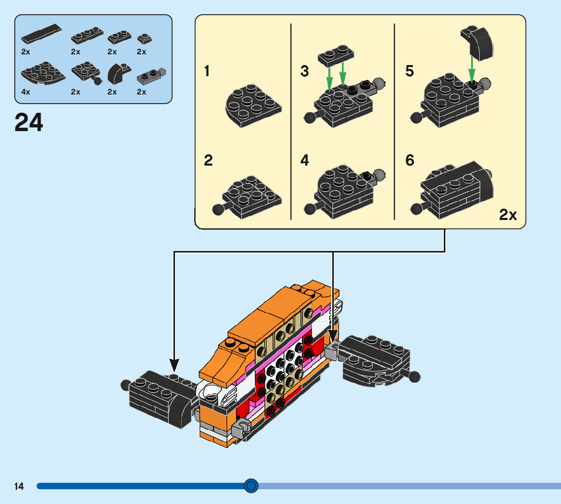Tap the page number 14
[19, 486]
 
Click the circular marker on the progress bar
[251, 486]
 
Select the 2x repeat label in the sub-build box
[508, 215]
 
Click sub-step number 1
[207, 71]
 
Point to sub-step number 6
[410, 161]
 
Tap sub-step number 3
[304, 71]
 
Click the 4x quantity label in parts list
[26, 92]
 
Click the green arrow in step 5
[472, 68]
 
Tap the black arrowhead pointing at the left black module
[174, 364]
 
